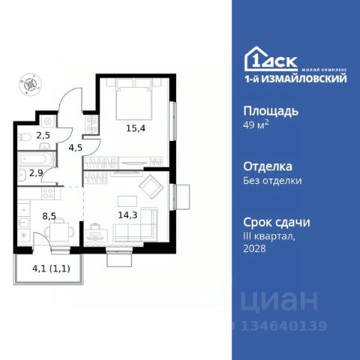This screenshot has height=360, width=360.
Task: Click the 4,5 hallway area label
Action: click(x=76, y=147)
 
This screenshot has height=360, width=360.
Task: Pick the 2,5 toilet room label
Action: click(x=43, y=135)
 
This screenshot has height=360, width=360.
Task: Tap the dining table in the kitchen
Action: click(x=57, y=228)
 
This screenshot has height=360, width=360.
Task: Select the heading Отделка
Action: click(x=268, y=166)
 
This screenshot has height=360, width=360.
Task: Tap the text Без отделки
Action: click(x=273, y=180)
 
